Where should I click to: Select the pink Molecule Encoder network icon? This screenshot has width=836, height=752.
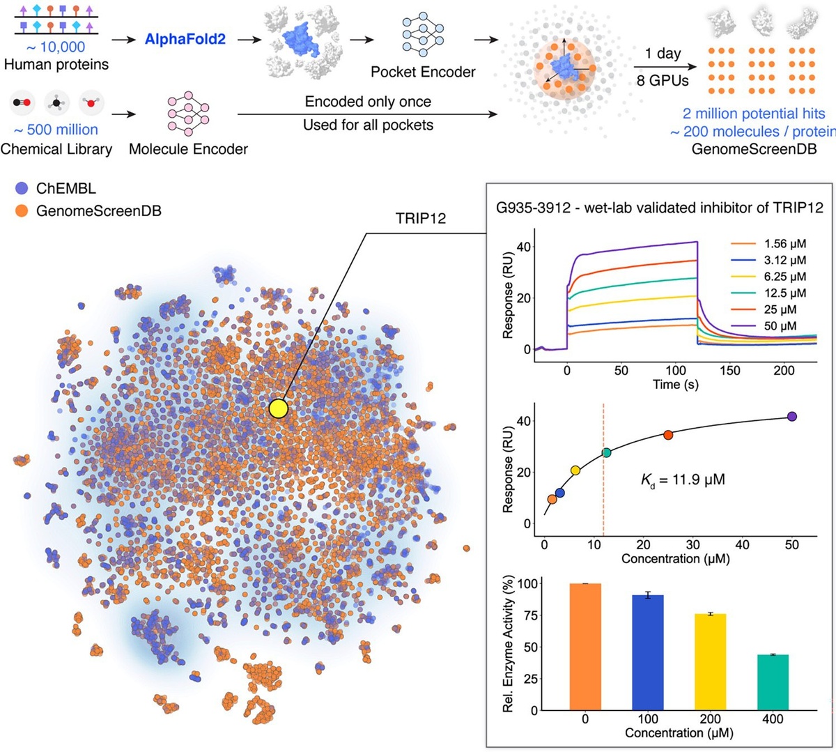tap(188, 114)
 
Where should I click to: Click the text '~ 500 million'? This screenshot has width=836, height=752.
tap(56, 130)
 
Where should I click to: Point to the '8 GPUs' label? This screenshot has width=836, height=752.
tap(662, 81)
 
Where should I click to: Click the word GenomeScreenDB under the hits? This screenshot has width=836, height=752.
tap(754, 148)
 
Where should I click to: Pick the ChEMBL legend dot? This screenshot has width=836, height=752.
tap(22, 188)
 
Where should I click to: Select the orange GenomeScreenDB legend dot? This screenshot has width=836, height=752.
tap(22, 210)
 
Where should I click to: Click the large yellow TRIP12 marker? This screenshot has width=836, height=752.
tap(278, 408)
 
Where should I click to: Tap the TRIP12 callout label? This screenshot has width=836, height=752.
tap(420, 218)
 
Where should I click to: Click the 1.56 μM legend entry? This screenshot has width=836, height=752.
tap(785, 244)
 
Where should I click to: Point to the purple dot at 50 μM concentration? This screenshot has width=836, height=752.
tap(791, 417)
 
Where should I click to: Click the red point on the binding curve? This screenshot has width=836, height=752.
tap(668, 435)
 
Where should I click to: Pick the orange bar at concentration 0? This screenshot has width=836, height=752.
tap(585, 647)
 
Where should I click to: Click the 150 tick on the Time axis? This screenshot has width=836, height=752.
tap(729, 371)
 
